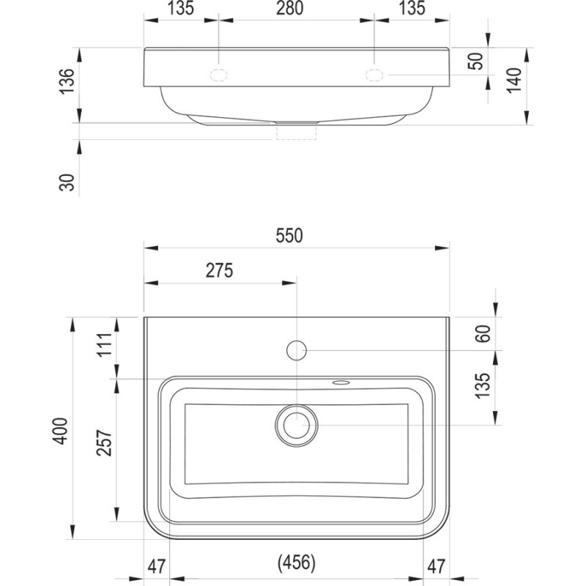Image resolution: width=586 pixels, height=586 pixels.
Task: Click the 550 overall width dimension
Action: pos(289,235)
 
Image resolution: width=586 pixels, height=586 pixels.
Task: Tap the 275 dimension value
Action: pos(219,270)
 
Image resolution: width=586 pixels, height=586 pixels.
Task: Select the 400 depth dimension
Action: pos(60,431)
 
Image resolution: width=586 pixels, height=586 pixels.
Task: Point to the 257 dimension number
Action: pos(104,442)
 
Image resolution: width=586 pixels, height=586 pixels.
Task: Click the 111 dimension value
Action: pos(105,344)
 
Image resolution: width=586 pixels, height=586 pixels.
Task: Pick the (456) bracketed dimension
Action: pos(297,563)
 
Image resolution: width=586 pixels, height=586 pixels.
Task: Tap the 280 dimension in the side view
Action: pos(289,8)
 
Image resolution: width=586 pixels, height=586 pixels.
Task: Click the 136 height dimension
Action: pos(67,81)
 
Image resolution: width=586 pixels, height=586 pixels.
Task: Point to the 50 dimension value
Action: pos(475,61)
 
